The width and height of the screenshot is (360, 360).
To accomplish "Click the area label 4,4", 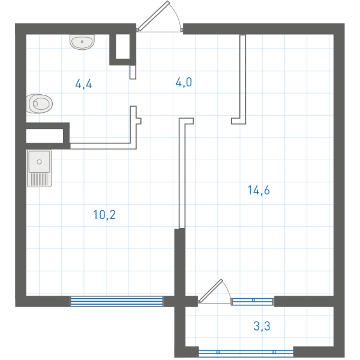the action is click(x=83, y=84).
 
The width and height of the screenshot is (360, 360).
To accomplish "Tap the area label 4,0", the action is click(x=184, y=82).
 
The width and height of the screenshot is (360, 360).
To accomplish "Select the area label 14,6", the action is click(x=259, y=190).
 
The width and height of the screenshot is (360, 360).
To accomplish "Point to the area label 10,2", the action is click(x=104, y=215).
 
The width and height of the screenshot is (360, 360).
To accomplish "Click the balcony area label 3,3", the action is click(x=262, y=326).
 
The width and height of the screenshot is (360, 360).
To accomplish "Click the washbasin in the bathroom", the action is click(x=82, y=42).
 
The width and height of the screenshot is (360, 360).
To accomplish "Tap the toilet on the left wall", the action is click(x=40, y=104).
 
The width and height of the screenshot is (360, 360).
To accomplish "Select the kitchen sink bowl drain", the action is click(x=39, y=161).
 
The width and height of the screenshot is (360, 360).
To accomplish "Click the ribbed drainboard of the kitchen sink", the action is click(x=39, y=179).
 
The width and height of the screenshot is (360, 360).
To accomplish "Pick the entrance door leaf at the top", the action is click(x=154, y=16).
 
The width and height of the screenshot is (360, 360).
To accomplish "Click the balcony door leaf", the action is click(x=211, y=290).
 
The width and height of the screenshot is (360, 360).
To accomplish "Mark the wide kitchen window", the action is click(x=116, y=301).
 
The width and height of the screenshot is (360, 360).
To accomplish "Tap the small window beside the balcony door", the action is click(x=253, y=301).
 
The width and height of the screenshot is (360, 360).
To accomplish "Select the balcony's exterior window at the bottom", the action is click(x=246, y=353).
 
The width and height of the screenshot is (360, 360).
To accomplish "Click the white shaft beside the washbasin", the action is click(x=123, y=46).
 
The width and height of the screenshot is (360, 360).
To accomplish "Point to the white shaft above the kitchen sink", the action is click(x=44, y=136).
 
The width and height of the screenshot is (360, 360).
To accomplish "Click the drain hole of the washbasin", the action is click(x=82, y=41).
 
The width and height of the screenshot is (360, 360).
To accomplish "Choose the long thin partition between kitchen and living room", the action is click(x=182, y=173).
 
